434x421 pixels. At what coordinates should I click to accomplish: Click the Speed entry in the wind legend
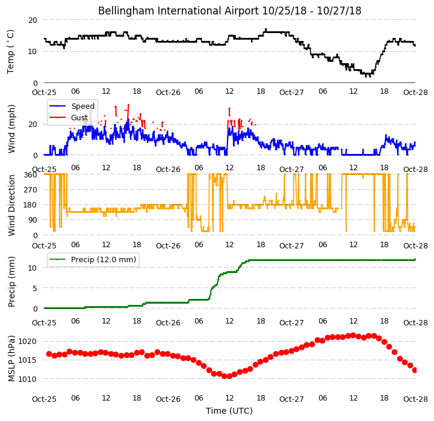pos(82,106)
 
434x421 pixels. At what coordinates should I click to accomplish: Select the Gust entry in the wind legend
pos(79,117)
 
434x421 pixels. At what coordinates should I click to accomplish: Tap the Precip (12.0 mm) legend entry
pos(104,259)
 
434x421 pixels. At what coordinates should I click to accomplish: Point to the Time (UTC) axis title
pos(229,411)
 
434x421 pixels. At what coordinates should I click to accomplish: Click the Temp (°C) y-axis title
pos(10,52)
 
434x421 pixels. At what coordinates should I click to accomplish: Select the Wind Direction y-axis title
pos(11,205)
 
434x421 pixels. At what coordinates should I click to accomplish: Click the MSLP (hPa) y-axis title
pos(11,358)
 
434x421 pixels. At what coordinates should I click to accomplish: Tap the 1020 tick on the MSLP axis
pos(28,342)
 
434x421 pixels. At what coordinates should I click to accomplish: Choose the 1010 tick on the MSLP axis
pos(28,379)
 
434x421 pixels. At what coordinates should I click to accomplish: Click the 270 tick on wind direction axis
pos(31,190)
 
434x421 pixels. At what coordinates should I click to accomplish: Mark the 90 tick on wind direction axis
pos(33,220)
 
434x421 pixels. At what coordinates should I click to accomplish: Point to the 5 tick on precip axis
pos(35,288)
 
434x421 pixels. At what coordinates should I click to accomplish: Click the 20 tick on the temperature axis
pos(33,20)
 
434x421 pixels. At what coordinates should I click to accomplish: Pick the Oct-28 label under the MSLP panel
pos(415,399)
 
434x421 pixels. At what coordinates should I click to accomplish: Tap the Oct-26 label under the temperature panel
pos(168,93)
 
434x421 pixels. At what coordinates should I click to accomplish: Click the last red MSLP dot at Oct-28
pos(415,370)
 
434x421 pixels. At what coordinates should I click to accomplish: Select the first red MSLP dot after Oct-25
pos(49,354)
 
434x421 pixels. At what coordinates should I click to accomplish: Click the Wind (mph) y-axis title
pos(11,129)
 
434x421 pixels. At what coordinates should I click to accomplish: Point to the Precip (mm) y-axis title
pos(11,282)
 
